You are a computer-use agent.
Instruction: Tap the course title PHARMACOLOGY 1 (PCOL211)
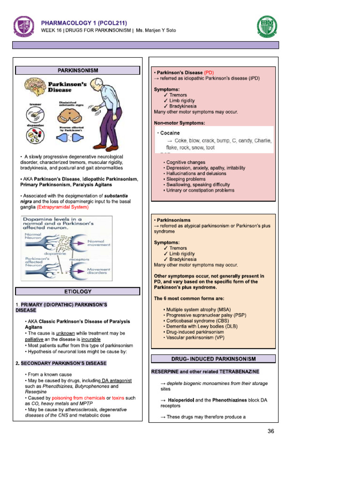84,22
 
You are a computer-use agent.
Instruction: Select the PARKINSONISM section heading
78,70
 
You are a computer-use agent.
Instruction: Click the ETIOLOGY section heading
78,292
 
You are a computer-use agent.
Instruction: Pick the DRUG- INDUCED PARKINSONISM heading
213,359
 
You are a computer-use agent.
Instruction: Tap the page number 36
270,432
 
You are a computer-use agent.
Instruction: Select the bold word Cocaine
170,133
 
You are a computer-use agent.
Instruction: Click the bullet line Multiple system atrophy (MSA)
197,310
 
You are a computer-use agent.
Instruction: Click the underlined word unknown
69,333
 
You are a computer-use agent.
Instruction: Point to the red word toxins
119,397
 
